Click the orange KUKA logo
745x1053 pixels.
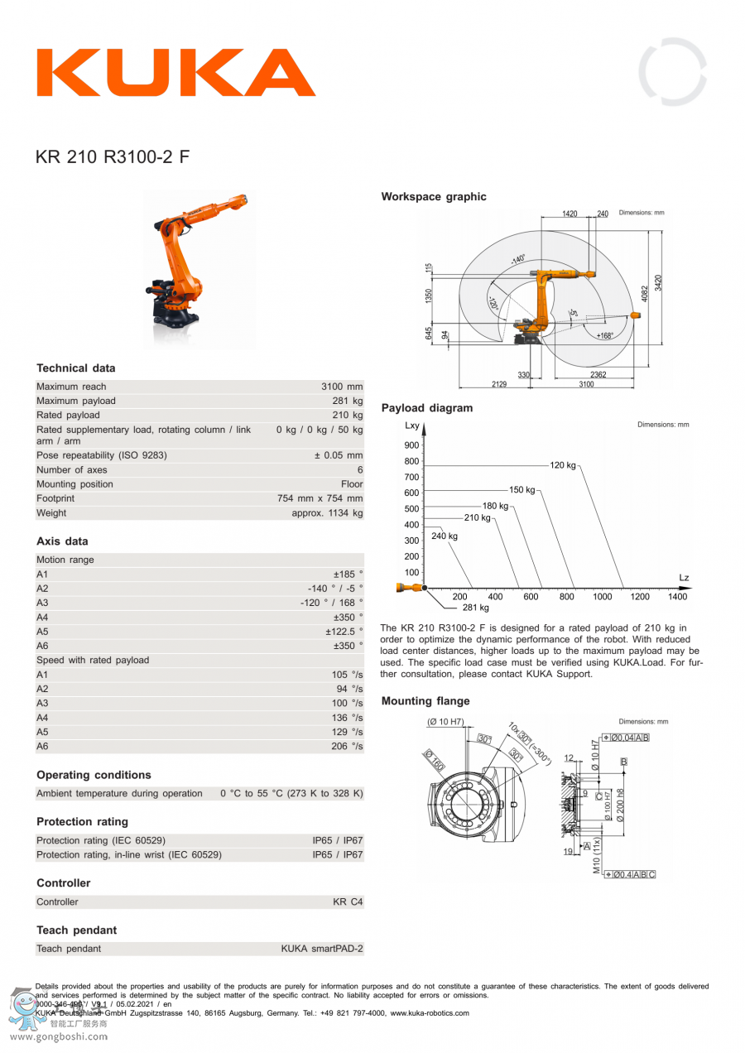click(x=175, y=73)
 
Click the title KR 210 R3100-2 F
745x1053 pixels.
click(x=113, y=156)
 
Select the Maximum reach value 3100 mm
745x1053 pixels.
click(x=342, y=387)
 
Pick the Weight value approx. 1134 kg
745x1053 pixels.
click(x=327, y=513)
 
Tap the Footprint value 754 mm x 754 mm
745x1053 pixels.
click(x=320, y=498)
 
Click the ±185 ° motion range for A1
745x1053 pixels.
click(x=348, y=574)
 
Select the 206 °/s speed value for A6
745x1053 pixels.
click(x=347, y=746)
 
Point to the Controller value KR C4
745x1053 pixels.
click(x=348, y=902)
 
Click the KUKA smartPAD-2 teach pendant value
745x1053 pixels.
click(x=321, y=949)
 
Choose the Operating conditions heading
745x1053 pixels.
click(x=94, y=775)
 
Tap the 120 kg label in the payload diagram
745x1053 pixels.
click(x=563, y=465)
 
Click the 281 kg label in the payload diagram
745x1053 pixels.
click(x=475, y=608)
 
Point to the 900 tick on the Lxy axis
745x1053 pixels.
click(x=412, y=445)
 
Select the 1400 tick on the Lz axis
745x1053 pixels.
click(x=677, y=596)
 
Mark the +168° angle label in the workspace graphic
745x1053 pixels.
click(x=605, y=335)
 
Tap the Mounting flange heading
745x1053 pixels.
click(x=425, y=701)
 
